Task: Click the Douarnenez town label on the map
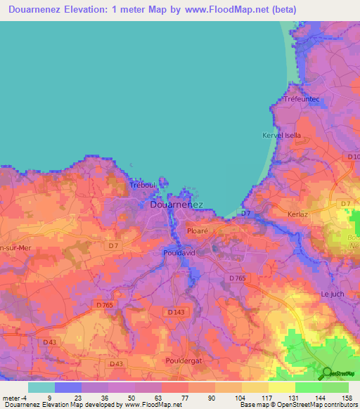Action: coord(176,204)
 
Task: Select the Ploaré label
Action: coord(198,230)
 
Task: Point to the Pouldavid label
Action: coord(179,251)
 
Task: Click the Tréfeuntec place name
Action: coord(302,100)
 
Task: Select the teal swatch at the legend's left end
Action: coord(41,387)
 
